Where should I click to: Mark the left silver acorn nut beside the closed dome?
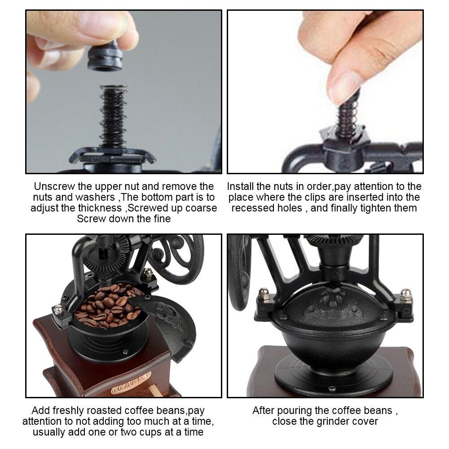[264, 294]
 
